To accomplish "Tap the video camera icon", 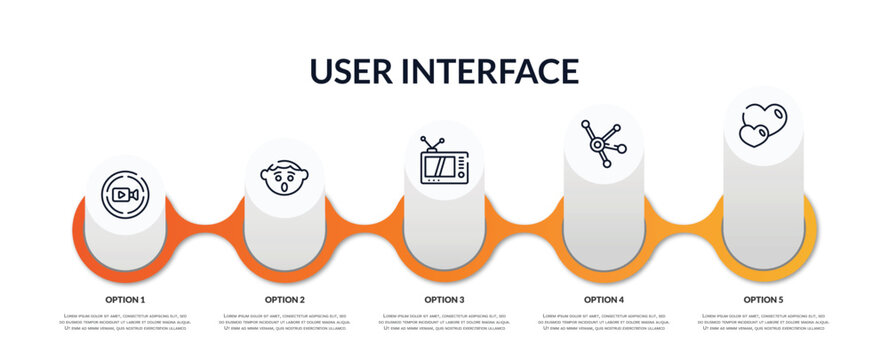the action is (x=125, y=194).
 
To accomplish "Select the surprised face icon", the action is (x=284, y=177).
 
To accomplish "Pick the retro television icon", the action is (x=444, y=162).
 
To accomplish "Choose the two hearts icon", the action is (x=763, y=125).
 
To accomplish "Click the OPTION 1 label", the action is (x=125, y=299).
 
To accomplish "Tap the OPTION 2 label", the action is (x=285, y=299).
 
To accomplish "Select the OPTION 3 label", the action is (x=444, y=299).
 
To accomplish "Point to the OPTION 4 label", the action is (x=604, y=299).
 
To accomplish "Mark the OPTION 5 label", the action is (x=763, y=299).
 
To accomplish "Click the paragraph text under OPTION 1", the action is (x=125, y=323).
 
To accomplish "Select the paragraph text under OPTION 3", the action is (x=444, y=323).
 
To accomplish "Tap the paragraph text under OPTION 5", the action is (x=763, y=323).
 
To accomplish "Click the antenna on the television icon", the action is (x=432, y=143).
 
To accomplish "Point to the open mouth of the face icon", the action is (x=284, y=184).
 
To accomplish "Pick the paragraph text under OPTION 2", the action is (x=285, y=323).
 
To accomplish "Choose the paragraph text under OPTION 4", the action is (x=604, y=323).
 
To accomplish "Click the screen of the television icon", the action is (x=438, y=167).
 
